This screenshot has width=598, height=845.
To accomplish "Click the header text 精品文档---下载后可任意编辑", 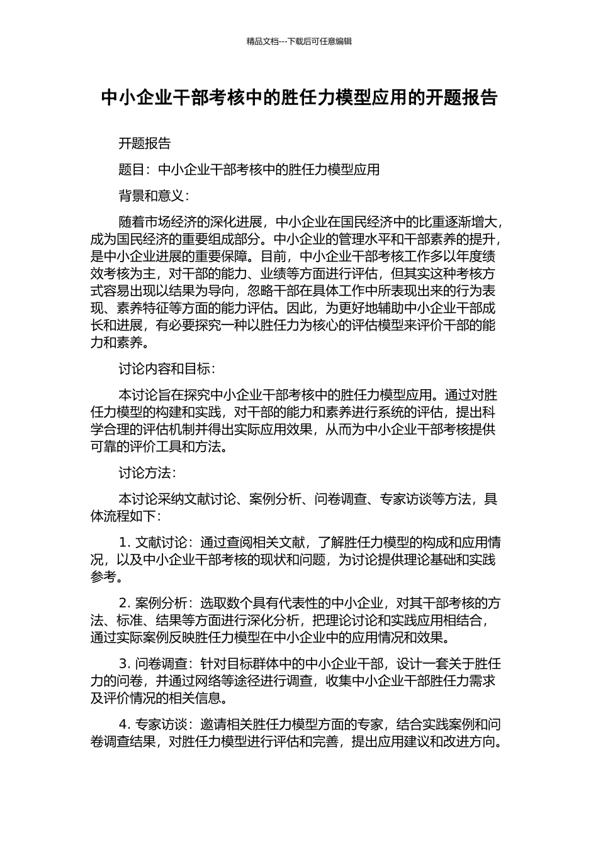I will [299, 41].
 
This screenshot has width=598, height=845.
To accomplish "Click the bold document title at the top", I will [299, 98].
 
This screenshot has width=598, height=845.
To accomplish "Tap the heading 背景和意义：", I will [154, 196].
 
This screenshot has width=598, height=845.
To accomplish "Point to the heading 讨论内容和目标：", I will [167, 369].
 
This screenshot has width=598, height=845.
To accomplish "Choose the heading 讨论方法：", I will [147, 473].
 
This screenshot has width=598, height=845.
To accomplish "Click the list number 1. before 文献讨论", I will [125, 542].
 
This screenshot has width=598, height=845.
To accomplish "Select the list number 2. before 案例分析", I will [125, 603].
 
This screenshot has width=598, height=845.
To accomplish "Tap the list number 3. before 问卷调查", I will [125, 663].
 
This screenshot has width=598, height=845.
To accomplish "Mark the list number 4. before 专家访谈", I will [125, 724].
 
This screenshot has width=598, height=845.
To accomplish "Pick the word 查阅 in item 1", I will [254, 542].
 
